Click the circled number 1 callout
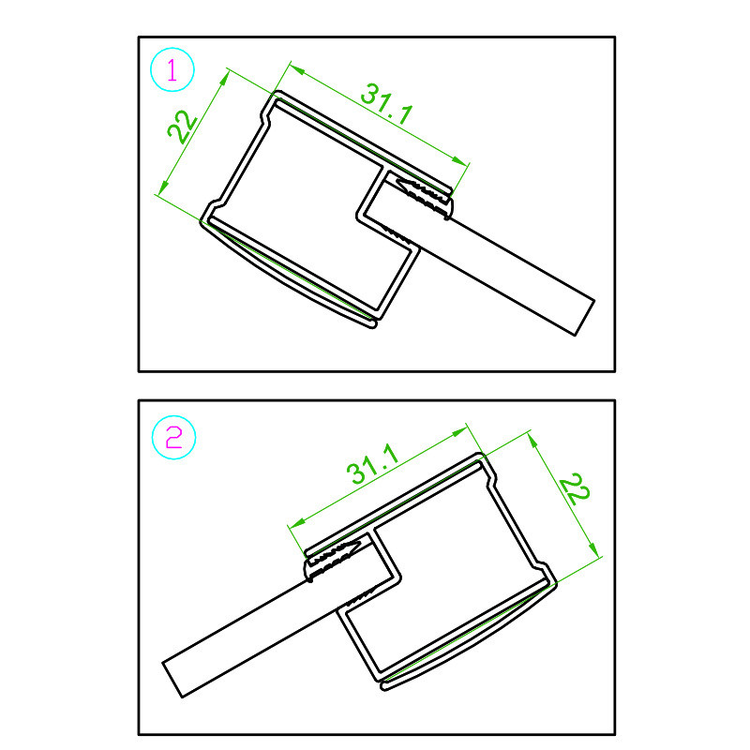tap(172, 69)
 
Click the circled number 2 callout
tap(173, 437)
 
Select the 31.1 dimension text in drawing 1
tap(386, 103)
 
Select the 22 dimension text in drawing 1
tap(182, 127)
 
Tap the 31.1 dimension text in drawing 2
tap(373, 464)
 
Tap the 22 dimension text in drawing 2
tap(575, 488)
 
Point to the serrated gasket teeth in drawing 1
tap(424, 196)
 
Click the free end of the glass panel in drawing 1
tap(584, 318)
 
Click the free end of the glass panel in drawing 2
tap(172, 680)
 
